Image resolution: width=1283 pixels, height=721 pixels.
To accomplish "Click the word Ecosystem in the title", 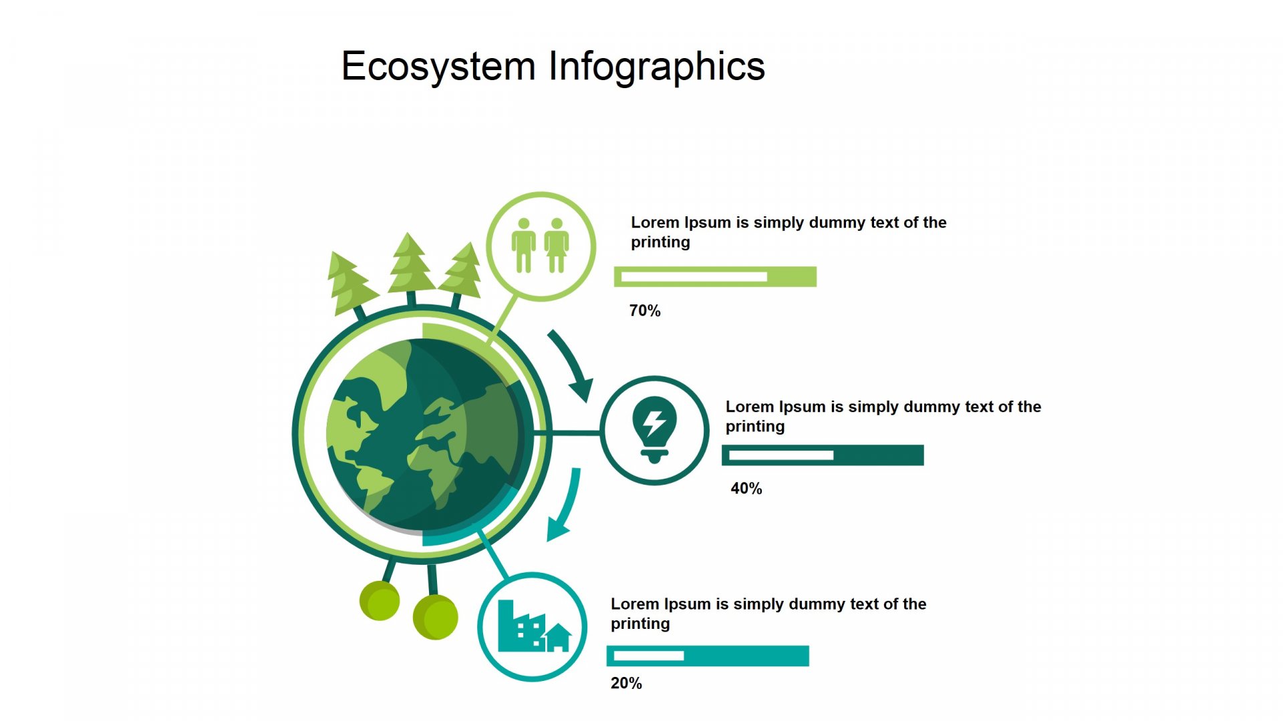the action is click(438, 67).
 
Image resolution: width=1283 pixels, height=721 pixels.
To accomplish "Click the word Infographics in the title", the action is click(657, 67).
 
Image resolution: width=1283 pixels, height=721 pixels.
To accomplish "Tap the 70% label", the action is click(645, 310).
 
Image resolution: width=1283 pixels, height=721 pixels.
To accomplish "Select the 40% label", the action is click(746, 488).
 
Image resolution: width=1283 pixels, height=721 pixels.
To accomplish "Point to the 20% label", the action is click(626, 683).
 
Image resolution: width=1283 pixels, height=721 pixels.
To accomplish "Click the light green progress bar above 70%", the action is click(715, 276).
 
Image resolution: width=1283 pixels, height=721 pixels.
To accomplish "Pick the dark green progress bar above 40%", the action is click(823, 455).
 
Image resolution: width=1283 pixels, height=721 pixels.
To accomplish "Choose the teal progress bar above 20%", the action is click(708, 656).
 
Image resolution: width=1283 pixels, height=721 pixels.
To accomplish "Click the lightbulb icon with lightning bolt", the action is click(654, 429).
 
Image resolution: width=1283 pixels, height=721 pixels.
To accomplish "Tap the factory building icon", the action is click(522, 626).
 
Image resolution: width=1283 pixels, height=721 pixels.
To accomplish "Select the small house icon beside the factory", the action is click(559, 638).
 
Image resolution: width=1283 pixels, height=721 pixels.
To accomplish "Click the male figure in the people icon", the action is click(524, 245).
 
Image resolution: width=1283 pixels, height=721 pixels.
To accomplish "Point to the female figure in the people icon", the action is click(557, 245).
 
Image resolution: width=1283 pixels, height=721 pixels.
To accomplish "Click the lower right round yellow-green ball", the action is click(436, 617).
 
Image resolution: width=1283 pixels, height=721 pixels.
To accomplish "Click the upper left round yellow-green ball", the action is click(380, 600).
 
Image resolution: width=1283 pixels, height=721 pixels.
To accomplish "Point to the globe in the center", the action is click(422, 435).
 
